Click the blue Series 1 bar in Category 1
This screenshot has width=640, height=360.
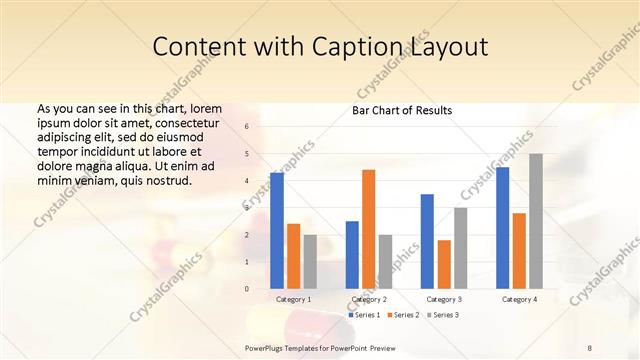click(277, 230)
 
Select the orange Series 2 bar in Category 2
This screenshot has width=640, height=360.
click(368, 229)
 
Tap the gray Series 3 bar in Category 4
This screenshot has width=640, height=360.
click(536, 221)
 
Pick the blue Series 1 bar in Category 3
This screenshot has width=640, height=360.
click(427, 241)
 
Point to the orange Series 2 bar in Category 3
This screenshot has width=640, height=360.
click(444, 264)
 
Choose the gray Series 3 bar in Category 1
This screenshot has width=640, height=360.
click(310, 261)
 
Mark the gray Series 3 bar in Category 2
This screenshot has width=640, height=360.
click(385, 261)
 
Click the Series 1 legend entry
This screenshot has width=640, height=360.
click(365, 315)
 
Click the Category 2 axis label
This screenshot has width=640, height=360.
click(369, 299)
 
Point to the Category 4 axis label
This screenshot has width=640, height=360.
click(519, 299)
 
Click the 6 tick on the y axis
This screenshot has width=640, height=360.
click(246, 127)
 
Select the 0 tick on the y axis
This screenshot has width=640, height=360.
click(246, 289)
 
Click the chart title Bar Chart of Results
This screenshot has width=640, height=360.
click(402, 110)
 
